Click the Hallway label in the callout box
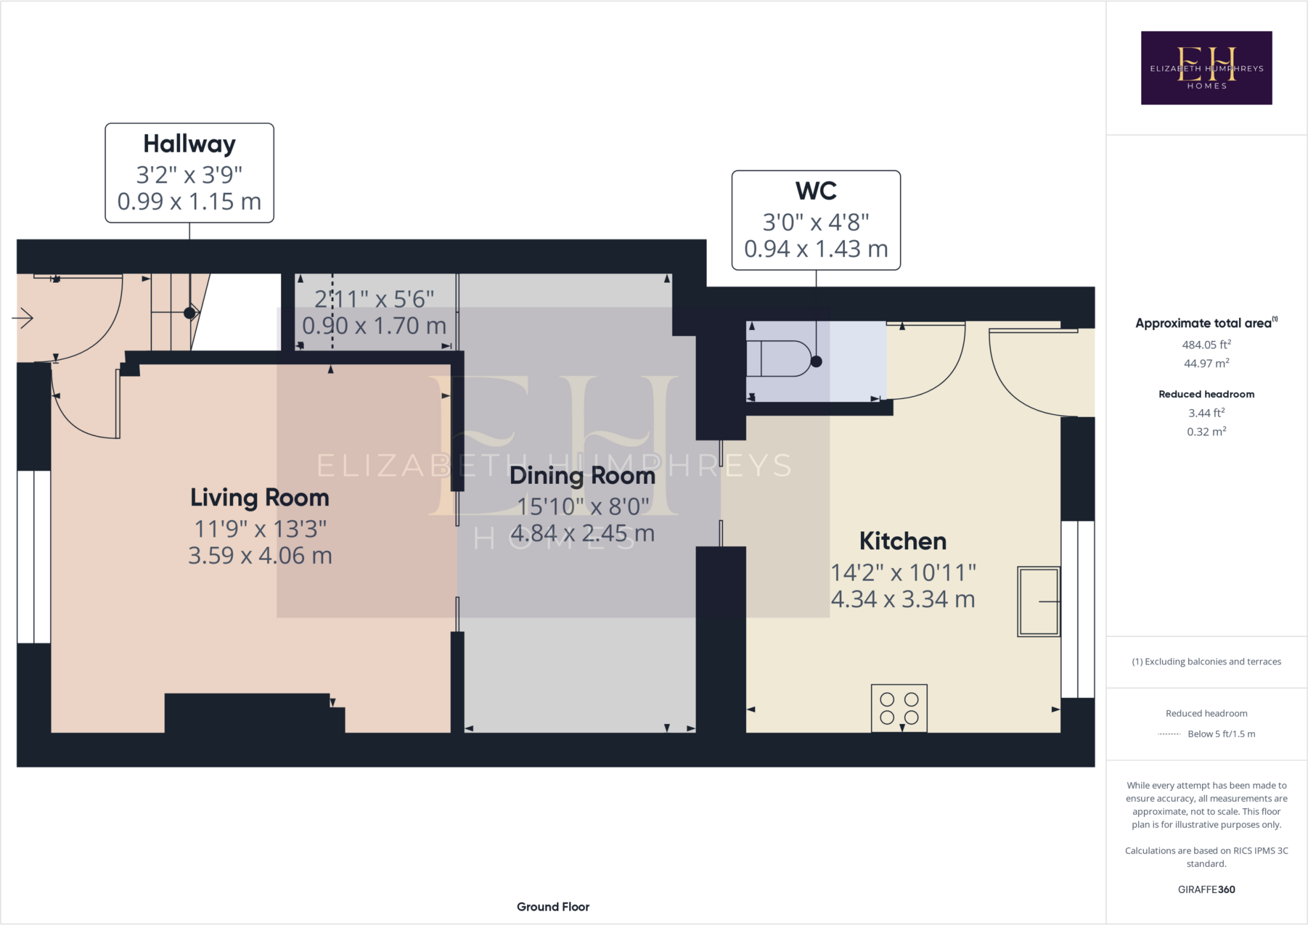pos(189,144)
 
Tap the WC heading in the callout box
pos(816,191)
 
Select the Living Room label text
pos(259,498)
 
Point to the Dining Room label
pos(582,476)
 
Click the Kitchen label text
pos(902,541)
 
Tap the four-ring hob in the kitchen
pos(899,708)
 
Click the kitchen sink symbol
pos(1038,601)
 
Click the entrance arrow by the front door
pos(23,317)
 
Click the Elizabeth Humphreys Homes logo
pos(1206,68)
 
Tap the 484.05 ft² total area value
pos(1206,345)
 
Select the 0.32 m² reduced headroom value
pos(1206,432)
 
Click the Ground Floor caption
pos(552,906)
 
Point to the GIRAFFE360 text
pos(1206,889)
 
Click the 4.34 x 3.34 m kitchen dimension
pos(902,599)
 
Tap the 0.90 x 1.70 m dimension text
pos(374,326)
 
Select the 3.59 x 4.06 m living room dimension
pos(259,556)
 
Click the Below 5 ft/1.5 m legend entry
pos(1221,734)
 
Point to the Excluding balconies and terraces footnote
pos(1206,661)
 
